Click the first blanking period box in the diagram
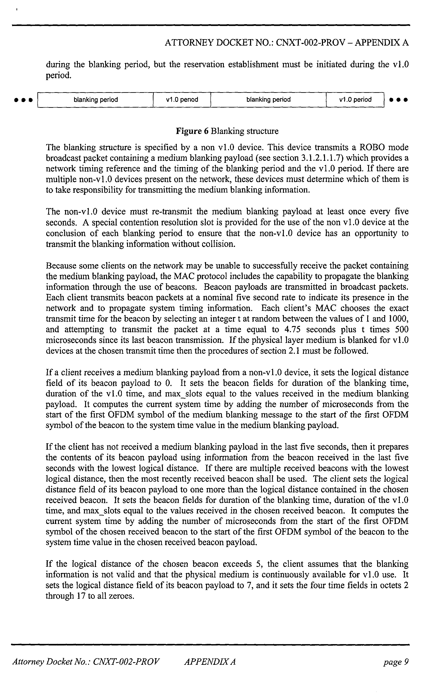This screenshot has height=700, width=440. tap(96, 100)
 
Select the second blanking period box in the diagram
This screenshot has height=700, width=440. tap(268, 100)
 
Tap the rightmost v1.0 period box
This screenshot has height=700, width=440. tap(355, 100)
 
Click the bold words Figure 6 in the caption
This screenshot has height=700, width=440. tap(192, 131)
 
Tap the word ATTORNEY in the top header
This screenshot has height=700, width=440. tap(188, 43)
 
